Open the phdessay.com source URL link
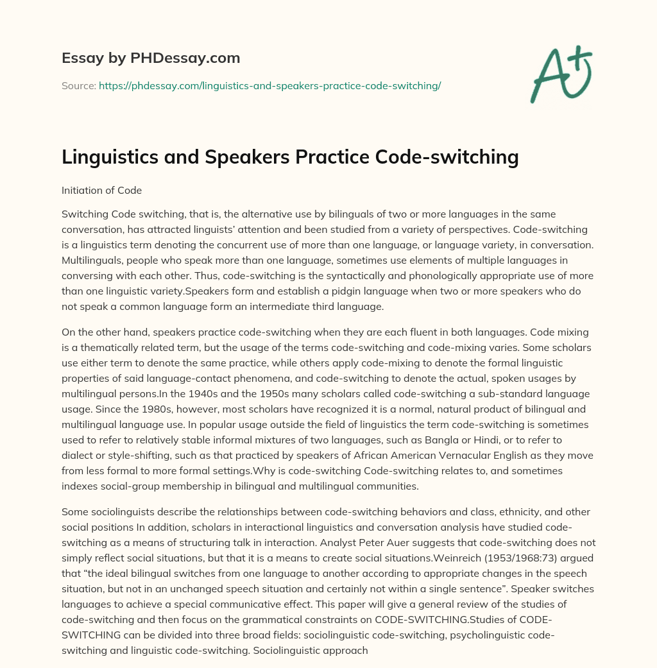tap(269, 85)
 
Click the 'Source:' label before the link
tap(78, 85)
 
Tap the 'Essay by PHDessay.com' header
tap(151, 58)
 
